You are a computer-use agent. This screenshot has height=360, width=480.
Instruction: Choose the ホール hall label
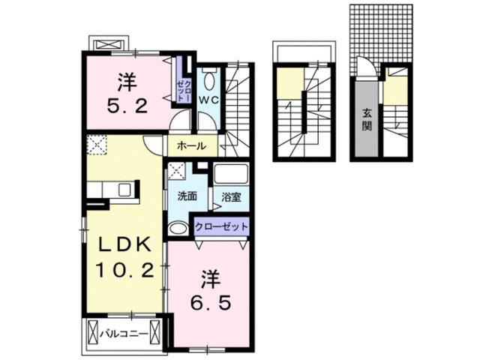(191, 146)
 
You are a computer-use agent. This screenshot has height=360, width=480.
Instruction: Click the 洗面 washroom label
(187, 196)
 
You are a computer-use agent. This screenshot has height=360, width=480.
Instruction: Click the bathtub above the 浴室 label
(231, 175)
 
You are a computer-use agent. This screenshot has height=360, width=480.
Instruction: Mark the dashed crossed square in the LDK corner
(96, 144)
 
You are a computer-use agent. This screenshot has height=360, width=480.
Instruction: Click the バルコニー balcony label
(124, 331)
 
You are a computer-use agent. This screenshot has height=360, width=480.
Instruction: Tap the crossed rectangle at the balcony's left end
(93, 331)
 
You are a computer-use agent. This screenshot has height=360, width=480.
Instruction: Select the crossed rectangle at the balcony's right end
(156, 331)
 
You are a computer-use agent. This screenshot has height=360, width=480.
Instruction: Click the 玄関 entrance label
(367, 119)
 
